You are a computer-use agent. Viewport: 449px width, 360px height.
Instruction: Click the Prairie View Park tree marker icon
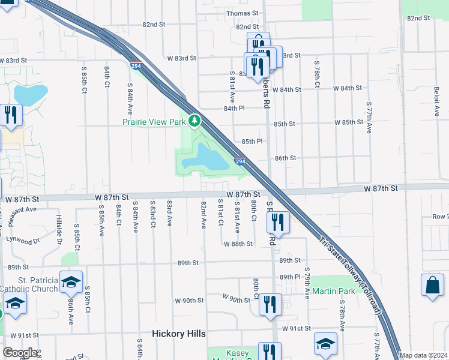click(x=194, y=121)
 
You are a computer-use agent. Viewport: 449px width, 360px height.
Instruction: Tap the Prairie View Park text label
click(x=154, y=122)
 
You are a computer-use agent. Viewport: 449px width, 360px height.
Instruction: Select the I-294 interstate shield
click(x=240, y=162)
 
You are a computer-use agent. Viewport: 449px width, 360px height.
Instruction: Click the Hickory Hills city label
click(x=178, y=334)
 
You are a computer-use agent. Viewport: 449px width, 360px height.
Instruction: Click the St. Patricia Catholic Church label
click(x=29, y=284)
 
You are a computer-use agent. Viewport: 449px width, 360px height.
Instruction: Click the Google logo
click(x=20, y=353)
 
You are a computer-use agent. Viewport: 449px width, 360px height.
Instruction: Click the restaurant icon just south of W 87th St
click(x=279, y=222)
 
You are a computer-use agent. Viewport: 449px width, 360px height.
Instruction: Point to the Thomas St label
click(x=242, y=13)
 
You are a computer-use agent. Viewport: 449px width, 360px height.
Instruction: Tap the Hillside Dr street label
click(x=59, y=230)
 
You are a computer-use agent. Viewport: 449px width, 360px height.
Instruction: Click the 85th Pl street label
click(x=253, y=141)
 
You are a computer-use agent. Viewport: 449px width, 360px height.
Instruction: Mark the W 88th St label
click(x=238, y=244)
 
